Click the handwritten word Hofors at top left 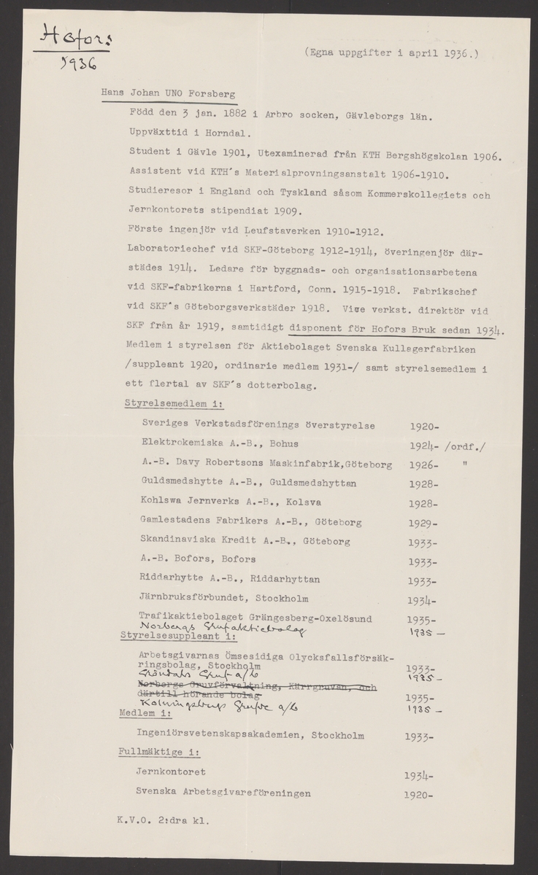click(x=70, y=36)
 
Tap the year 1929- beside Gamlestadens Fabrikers click(x=423, y=522)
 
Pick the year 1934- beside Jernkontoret click(x=420, y=777)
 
